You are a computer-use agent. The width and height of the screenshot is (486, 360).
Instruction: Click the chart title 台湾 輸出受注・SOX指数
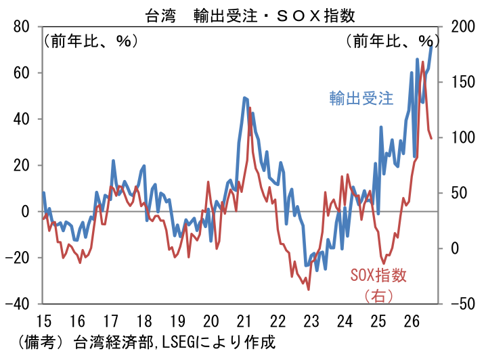pyautogui.click(x=250, y=16)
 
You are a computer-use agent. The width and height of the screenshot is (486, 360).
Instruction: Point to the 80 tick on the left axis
pyautogui.click(x=22, y=27)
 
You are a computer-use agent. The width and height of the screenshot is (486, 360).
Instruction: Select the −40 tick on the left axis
pyautogui.click(x=18, y=304)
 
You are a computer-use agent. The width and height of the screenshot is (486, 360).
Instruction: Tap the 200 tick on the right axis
pyautogui.click(x=463, y=26)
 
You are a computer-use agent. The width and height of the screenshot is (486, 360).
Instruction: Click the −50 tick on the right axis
pyautogui.click(x=463, y=304)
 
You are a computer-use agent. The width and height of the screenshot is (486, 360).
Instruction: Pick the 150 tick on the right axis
pyautogui.click(x=463, y=82)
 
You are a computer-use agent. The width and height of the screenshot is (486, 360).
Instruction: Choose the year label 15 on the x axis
pyautogui.click(x=44, y=321)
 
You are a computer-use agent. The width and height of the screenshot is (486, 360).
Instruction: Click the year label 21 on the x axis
pyautogui.click(x=244, y=321)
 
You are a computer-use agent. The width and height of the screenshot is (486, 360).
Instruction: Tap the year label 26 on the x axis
pyautogui.click(x=412, y=321)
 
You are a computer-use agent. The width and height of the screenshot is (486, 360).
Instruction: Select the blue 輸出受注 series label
pyautogui.click(x=361, y=98)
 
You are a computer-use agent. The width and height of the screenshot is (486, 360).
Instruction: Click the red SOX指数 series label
pyautogui.click(x=378, y=275)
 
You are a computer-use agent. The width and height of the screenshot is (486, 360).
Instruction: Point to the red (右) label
pyautogui.click(x=378, y=296)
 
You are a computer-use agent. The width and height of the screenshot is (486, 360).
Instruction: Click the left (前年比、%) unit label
pyautogui.click(x=91, y=41)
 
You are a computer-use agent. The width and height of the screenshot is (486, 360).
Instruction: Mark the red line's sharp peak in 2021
pyautogui.click(x=250, y=108)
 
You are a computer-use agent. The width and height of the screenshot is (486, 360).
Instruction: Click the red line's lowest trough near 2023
pyautogui.click(x=309, y=290)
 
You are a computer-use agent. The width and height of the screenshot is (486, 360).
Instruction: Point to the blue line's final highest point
pyautogui.click(x=431, y=47)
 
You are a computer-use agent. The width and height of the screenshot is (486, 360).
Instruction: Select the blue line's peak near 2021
pyautogui.click(x=244, y=98)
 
